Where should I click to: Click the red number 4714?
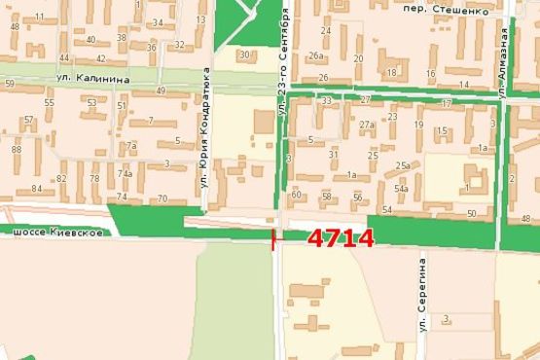pyautogui.click(x=341, y=238)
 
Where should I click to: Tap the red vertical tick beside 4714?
pyautogui.click(x=273, y=238)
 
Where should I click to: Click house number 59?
pyautogui.click(x=9, y=85)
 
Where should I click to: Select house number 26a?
pyautogui.click(x=316, y=56)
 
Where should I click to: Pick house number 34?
pyautogui.click(x=157, y=21)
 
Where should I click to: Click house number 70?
pyautogui.click(x=162, y=198)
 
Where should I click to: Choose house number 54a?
pyautogui.click(x=401, y=188)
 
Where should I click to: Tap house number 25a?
pyautogui.click(x=402, y=165)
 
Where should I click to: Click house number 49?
pyautogui.click(x=160, y=90)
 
